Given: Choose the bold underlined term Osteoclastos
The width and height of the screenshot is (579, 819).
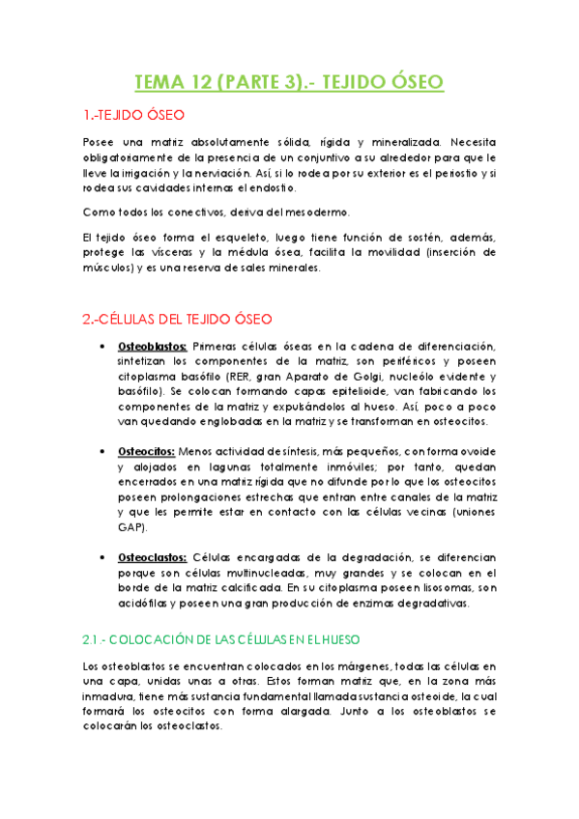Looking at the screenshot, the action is [153, 557].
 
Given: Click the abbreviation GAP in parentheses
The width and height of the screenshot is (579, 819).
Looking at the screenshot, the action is [130, 528].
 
